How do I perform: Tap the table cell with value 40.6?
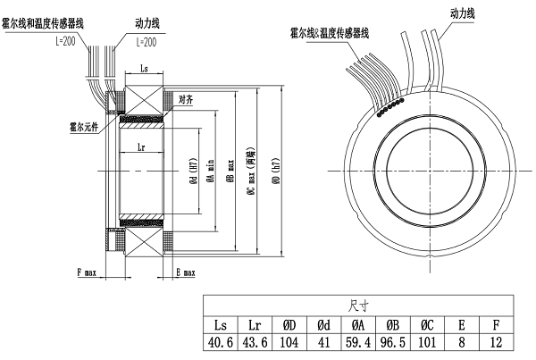click(221, 341)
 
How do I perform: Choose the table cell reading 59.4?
click(358, 341)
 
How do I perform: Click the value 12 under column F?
click(496, 341)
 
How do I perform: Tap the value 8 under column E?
click(461, 341)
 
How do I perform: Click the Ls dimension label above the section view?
click(146, 68)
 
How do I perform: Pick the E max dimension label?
click(186, 271)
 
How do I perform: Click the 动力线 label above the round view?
click(462, 13)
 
